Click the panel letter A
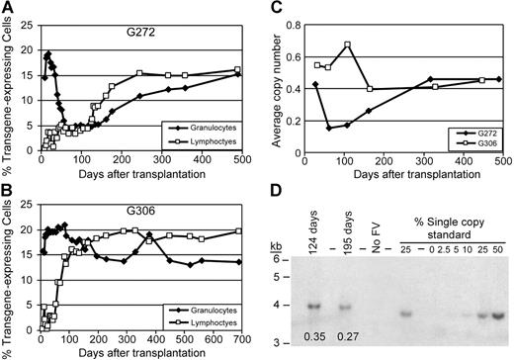coord(7,8)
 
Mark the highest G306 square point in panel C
coord(376,45)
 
